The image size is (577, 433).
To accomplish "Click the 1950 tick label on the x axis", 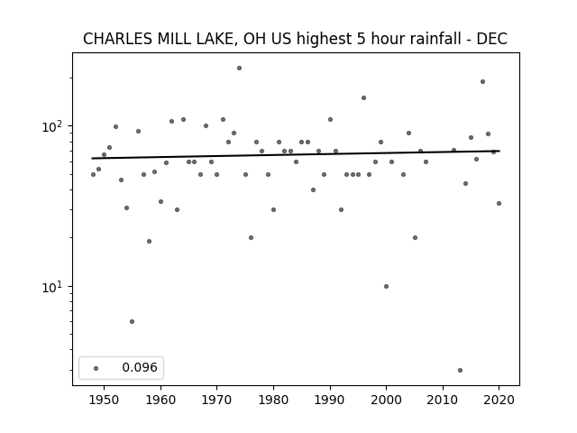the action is click(105, 400).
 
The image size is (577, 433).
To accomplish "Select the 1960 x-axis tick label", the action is click(160, 400).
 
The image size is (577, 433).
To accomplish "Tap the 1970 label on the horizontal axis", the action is click(217, 400).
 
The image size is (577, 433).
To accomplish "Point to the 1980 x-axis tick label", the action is click(273, 400).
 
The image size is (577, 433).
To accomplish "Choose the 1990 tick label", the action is click(330, 400).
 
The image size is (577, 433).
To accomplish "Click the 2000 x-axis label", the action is click(387, 400).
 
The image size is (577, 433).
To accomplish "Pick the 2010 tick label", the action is click(443, 400).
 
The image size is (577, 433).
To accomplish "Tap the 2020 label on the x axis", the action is click(499, 400).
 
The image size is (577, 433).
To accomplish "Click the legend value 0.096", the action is click(140, 367).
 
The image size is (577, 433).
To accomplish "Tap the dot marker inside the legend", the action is click(96, 368).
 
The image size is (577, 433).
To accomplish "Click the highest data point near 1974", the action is click(239, 69).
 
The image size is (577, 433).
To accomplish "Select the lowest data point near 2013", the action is click(460, 371).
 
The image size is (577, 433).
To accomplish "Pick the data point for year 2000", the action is click(386, 287).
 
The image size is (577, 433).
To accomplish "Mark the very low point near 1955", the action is click(133, 321).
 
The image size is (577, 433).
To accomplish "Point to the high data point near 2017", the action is click(483, 82).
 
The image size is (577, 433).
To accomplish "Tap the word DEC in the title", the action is click(492, 39).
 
